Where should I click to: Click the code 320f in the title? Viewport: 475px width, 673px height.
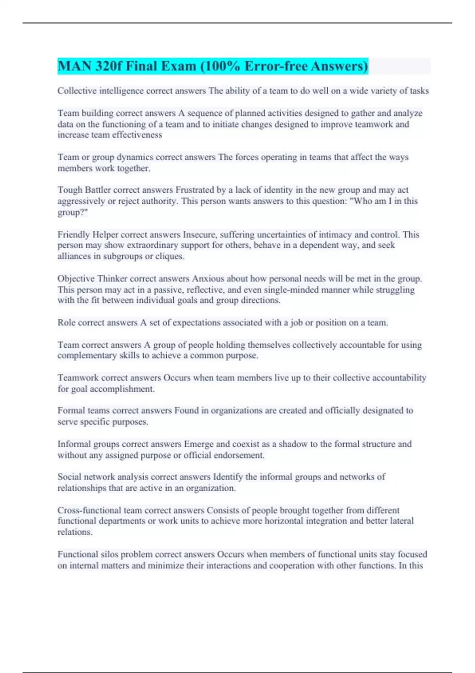109,66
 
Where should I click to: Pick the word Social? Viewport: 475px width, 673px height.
69,477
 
